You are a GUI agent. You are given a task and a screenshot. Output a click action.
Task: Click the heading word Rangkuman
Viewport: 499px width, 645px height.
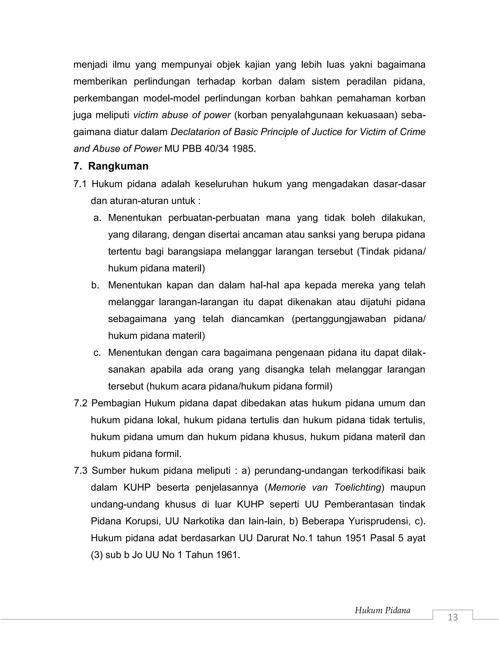118,166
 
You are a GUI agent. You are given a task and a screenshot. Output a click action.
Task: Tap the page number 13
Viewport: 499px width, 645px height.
453,617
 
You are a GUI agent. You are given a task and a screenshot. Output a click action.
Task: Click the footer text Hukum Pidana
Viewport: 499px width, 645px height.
382,610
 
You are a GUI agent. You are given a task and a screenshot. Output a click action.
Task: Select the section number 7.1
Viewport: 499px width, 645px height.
80,184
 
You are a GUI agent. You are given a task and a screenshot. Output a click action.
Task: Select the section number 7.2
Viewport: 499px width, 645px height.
80,403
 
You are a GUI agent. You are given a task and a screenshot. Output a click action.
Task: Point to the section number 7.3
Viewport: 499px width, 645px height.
80,470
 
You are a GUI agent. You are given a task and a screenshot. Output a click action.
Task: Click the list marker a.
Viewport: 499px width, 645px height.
97,218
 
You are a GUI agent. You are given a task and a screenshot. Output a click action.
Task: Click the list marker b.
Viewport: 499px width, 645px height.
95,285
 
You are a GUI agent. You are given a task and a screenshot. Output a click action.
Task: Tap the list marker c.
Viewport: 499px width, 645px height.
97,353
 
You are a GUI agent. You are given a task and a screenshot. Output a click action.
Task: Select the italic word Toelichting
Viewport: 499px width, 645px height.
357,488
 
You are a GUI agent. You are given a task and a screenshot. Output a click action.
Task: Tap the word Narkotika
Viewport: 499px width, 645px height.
204,521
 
